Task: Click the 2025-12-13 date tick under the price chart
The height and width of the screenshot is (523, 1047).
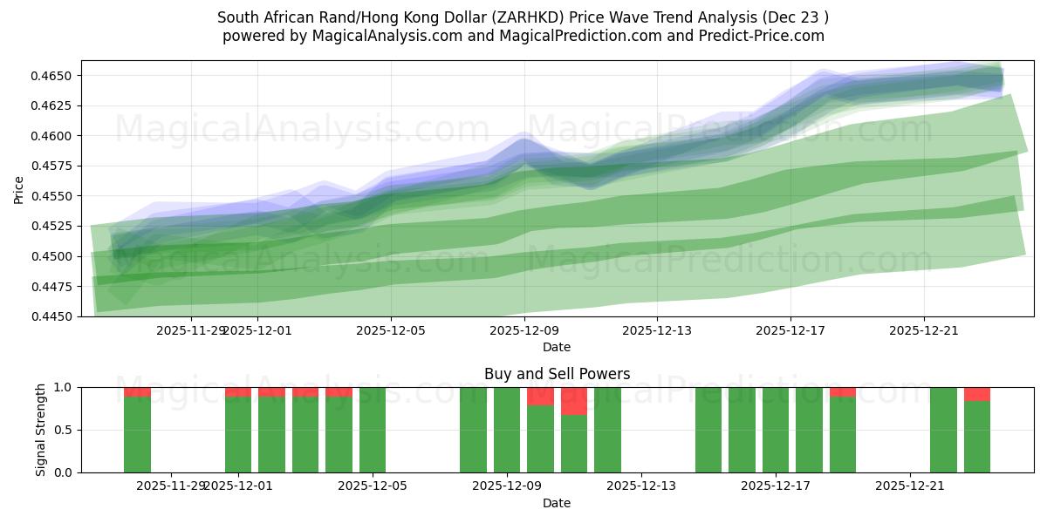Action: (x=657, y=330)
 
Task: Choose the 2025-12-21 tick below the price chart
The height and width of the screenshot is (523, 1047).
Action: (x=924, y=330)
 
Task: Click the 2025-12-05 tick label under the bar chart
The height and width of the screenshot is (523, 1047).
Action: (x=373, y=486)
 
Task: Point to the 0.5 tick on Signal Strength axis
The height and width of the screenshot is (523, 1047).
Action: (x=66, y=430)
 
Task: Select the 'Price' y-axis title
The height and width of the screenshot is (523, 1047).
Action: (x=19, y=188)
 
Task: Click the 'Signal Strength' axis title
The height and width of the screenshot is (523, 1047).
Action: (x=41, y=430)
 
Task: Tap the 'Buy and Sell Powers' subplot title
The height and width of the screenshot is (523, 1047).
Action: (x=557, y=374)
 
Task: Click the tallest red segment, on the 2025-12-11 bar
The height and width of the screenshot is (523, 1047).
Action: (x=574, y=401)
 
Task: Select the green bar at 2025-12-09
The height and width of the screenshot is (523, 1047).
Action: (x=507, y=430)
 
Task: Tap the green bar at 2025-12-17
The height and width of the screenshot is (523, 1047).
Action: (x=776, y=430)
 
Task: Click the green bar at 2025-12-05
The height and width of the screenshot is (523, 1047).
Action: (x=373, y=430)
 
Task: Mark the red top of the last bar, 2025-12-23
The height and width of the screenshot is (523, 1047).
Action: (x=977, y=394)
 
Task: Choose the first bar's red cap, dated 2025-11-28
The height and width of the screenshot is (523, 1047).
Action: (x=137, y=392)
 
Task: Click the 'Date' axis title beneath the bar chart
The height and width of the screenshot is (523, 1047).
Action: (x=557, y=503)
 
